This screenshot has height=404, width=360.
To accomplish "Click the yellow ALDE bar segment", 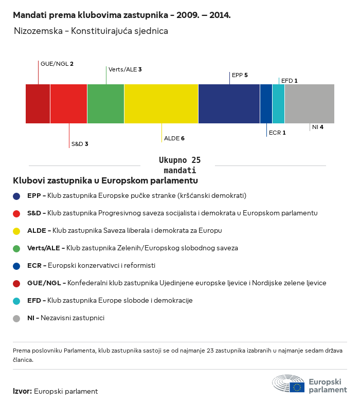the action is point(161,104).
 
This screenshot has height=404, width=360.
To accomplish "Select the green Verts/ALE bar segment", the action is point(106,104).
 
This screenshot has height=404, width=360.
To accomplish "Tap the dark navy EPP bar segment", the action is point(229,104).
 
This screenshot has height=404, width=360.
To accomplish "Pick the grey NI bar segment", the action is point(310,104).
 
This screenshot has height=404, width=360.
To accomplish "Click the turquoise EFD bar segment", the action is point(279,104).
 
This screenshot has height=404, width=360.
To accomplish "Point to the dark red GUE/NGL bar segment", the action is point(38,104).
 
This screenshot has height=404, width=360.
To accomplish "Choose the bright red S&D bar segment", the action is point(68,104).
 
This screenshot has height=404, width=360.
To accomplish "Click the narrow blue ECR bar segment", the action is point(266,104).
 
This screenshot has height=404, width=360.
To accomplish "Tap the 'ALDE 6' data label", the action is point(174,138).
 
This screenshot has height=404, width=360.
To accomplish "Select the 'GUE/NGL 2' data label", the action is point(57,64).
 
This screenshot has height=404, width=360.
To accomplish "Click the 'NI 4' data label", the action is point(318,127).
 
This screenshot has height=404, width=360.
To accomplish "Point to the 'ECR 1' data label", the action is point(277,133).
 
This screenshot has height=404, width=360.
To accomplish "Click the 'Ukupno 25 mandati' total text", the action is point(179,165).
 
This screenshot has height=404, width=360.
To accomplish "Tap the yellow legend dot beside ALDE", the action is point(16,231).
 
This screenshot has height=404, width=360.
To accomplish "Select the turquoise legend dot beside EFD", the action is point(16,301).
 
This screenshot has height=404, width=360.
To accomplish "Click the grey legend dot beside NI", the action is point(16,319).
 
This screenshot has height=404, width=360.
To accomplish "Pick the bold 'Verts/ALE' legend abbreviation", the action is point(44,248).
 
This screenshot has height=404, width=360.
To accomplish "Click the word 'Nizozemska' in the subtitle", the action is point(38,31).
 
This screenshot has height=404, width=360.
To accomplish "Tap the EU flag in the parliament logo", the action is point(297,387).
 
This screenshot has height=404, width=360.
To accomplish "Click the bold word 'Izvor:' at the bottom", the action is point(23,391).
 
